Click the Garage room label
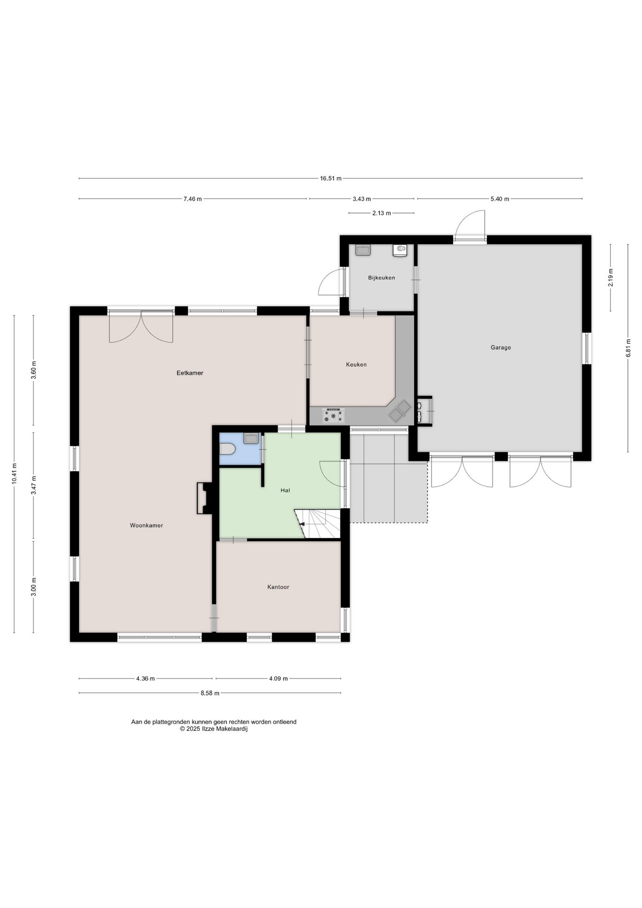[x=501, y=348]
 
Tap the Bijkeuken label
[x=382, y=278]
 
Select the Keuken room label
[x=356, y=365]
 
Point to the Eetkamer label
[x=190, y=373]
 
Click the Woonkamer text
[x=147, y=525]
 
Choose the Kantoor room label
[x=278, y=587]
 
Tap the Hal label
[x=285, y=490]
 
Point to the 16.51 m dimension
[x=330, y=179]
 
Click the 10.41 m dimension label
[x=14, y=473]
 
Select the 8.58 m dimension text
[x=210, y=693]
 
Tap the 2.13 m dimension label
[x=382, y=213]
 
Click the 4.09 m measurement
[x=278, y=679]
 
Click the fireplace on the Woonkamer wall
[x=204, y=498]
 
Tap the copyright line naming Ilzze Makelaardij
[x=214, y=729]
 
